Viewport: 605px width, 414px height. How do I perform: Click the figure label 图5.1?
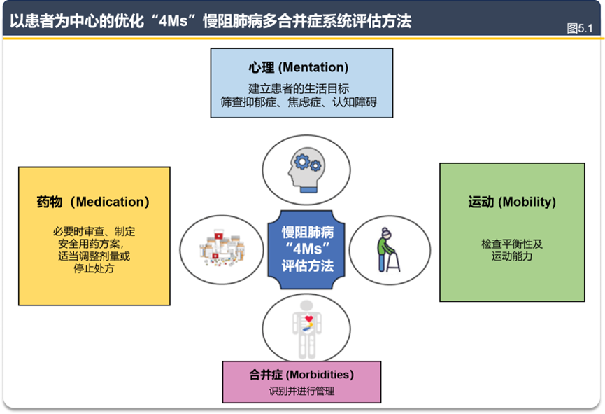pos(580,28)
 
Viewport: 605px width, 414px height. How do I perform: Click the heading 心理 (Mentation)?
pos(298,68)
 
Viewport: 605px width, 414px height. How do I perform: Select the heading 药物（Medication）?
pos(93,202)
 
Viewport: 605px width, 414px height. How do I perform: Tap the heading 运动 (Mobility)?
pos(511,202)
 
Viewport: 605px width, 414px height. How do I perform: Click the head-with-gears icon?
pos(303,170)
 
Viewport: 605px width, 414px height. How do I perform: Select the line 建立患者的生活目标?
pos(299,88)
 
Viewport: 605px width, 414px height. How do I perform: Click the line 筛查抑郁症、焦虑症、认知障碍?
pos(299,102)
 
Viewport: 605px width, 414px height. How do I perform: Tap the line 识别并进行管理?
pos(301,391)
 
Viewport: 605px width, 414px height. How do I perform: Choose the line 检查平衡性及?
pos(511,244)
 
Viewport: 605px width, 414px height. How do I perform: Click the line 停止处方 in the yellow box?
pos(94,268)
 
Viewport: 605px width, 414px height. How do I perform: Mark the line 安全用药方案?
pos(94,244)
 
